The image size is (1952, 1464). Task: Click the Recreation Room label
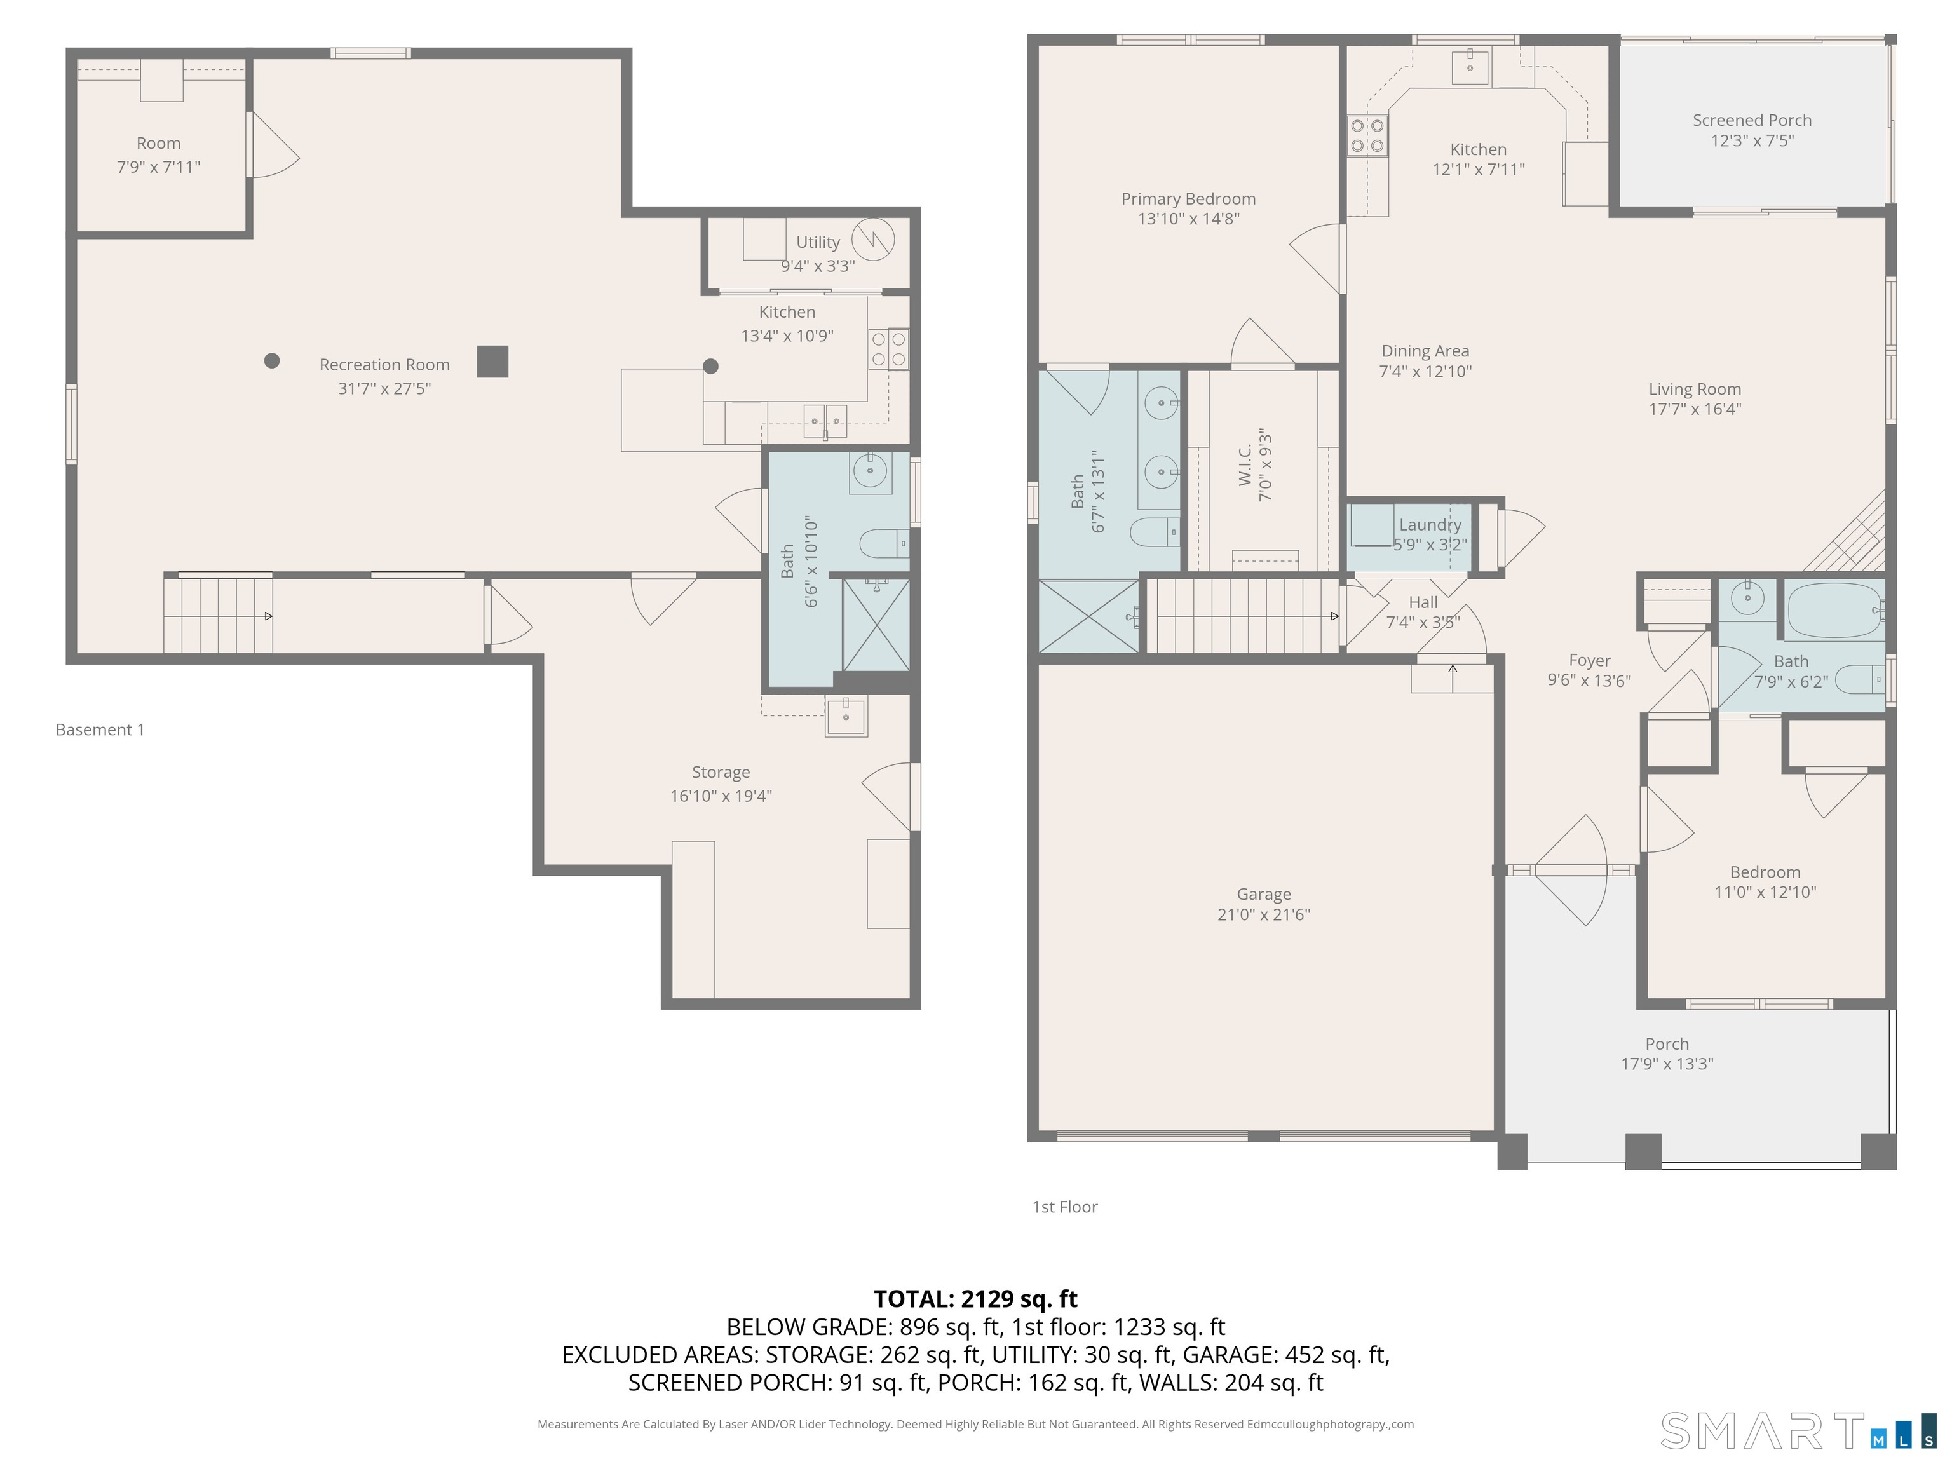point(385,365)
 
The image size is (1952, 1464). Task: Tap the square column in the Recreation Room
point(492,361)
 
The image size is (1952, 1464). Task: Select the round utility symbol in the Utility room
point(873,238)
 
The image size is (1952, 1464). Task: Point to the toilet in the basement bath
point(884,543)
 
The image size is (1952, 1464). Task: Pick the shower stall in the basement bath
point(876,625)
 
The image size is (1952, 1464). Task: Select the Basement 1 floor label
point(100,730)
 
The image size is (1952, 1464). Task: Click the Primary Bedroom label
point(1189,198)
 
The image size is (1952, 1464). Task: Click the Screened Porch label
point(1752,120)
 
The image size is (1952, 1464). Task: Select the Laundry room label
point(1430,525)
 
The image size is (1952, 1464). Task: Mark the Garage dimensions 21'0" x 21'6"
point(1264,914)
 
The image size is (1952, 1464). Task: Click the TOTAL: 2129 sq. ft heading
point(975,1299)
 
